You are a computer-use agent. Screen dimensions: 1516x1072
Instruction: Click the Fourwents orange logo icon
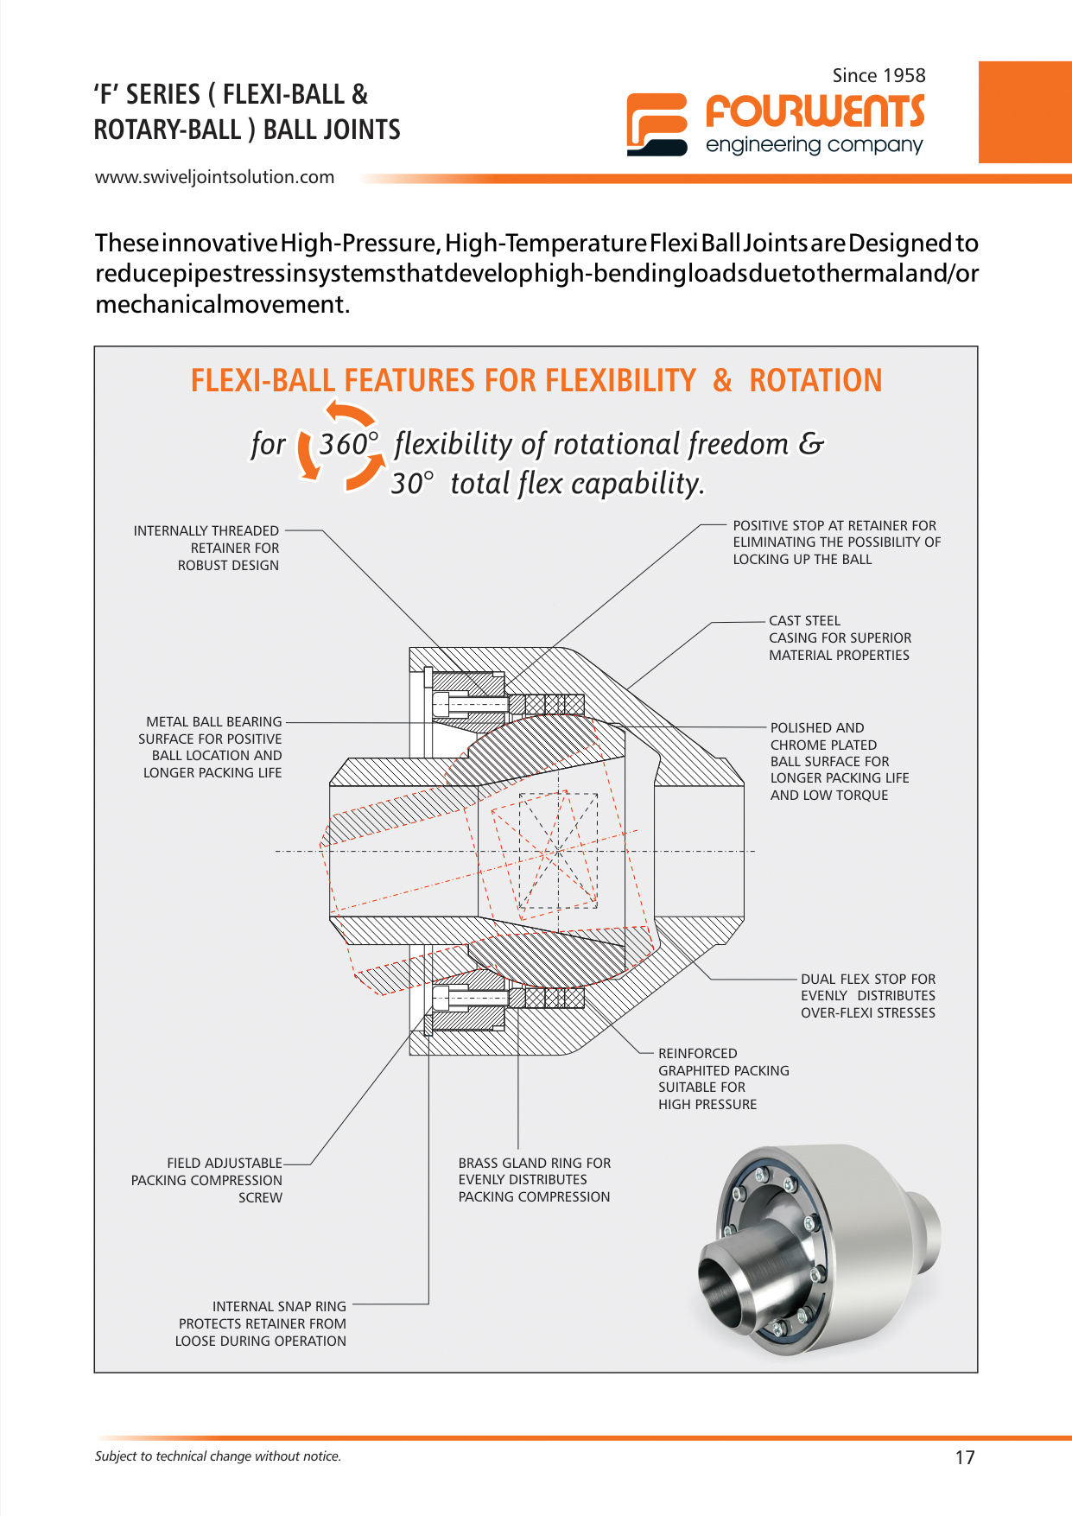(x=657, y=124)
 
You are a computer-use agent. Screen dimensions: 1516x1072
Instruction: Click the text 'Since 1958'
(x=879, y=76)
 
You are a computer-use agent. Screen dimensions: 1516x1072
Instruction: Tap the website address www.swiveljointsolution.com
(x=214, y=177)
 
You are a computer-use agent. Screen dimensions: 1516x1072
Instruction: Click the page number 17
(x=964, y=1458)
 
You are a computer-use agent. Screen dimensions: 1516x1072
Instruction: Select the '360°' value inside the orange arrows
(x=347, y=445)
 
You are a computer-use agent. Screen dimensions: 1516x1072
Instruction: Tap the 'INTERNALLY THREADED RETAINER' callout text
(x=207, y=548)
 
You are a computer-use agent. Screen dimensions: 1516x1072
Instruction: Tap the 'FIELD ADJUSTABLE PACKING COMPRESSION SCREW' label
(x=207, y=1180)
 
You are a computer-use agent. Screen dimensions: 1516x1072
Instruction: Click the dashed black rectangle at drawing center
(x=558, y=850)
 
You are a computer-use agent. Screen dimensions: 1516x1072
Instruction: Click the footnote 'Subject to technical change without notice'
(x=218, y=1456)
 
